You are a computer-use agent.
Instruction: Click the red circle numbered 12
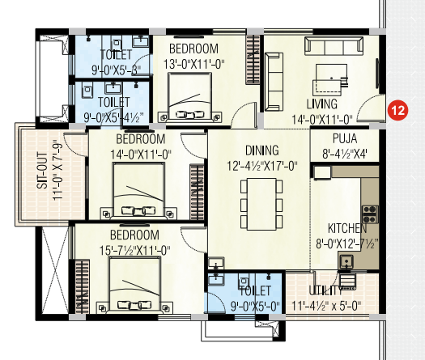[397, 110]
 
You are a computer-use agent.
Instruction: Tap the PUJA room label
[345, 138]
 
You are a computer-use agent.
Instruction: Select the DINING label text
[261, 150]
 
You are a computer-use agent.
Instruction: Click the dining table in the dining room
[261, 204]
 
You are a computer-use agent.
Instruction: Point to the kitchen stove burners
[370, 214]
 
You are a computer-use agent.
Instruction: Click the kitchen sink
[346, 261]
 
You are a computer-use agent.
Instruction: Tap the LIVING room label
[321, 104]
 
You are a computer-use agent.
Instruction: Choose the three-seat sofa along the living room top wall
[334, 46]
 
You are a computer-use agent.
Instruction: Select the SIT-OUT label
[43, 171]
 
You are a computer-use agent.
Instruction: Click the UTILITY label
[325, 290]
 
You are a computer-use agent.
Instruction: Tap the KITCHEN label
[347, 228]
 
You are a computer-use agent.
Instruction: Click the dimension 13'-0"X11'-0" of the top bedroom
[193, 65]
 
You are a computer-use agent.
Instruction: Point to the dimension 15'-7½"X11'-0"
[134, 250]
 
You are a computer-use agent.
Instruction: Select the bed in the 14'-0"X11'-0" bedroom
[138, 190]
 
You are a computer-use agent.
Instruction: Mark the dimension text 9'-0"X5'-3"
[117, 70]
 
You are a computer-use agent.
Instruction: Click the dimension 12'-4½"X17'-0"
[261, 166]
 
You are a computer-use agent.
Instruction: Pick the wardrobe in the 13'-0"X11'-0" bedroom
[253, 60]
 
